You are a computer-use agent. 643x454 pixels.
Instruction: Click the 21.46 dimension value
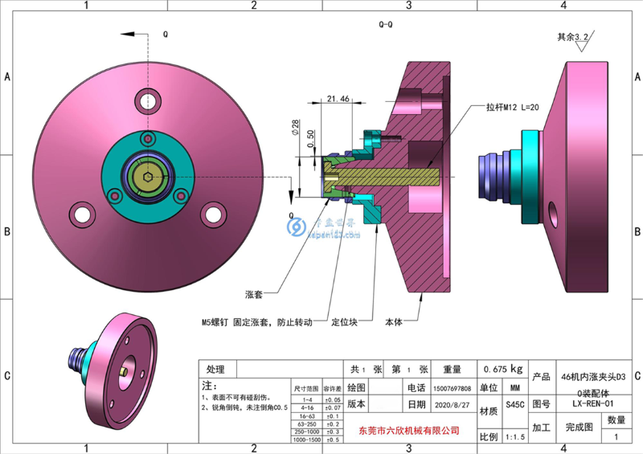tap(338, 99)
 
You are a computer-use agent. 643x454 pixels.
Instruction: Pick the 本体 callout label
tap(394, 322)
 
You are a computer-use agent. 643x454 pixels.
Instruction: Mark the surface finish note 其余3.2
tap(573, 37)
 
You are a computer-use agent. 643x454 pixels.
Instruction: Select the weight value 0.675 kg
tap(502, 369)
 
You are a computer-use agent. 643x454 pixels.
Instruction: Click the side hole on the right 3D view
tap(555, 216)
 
